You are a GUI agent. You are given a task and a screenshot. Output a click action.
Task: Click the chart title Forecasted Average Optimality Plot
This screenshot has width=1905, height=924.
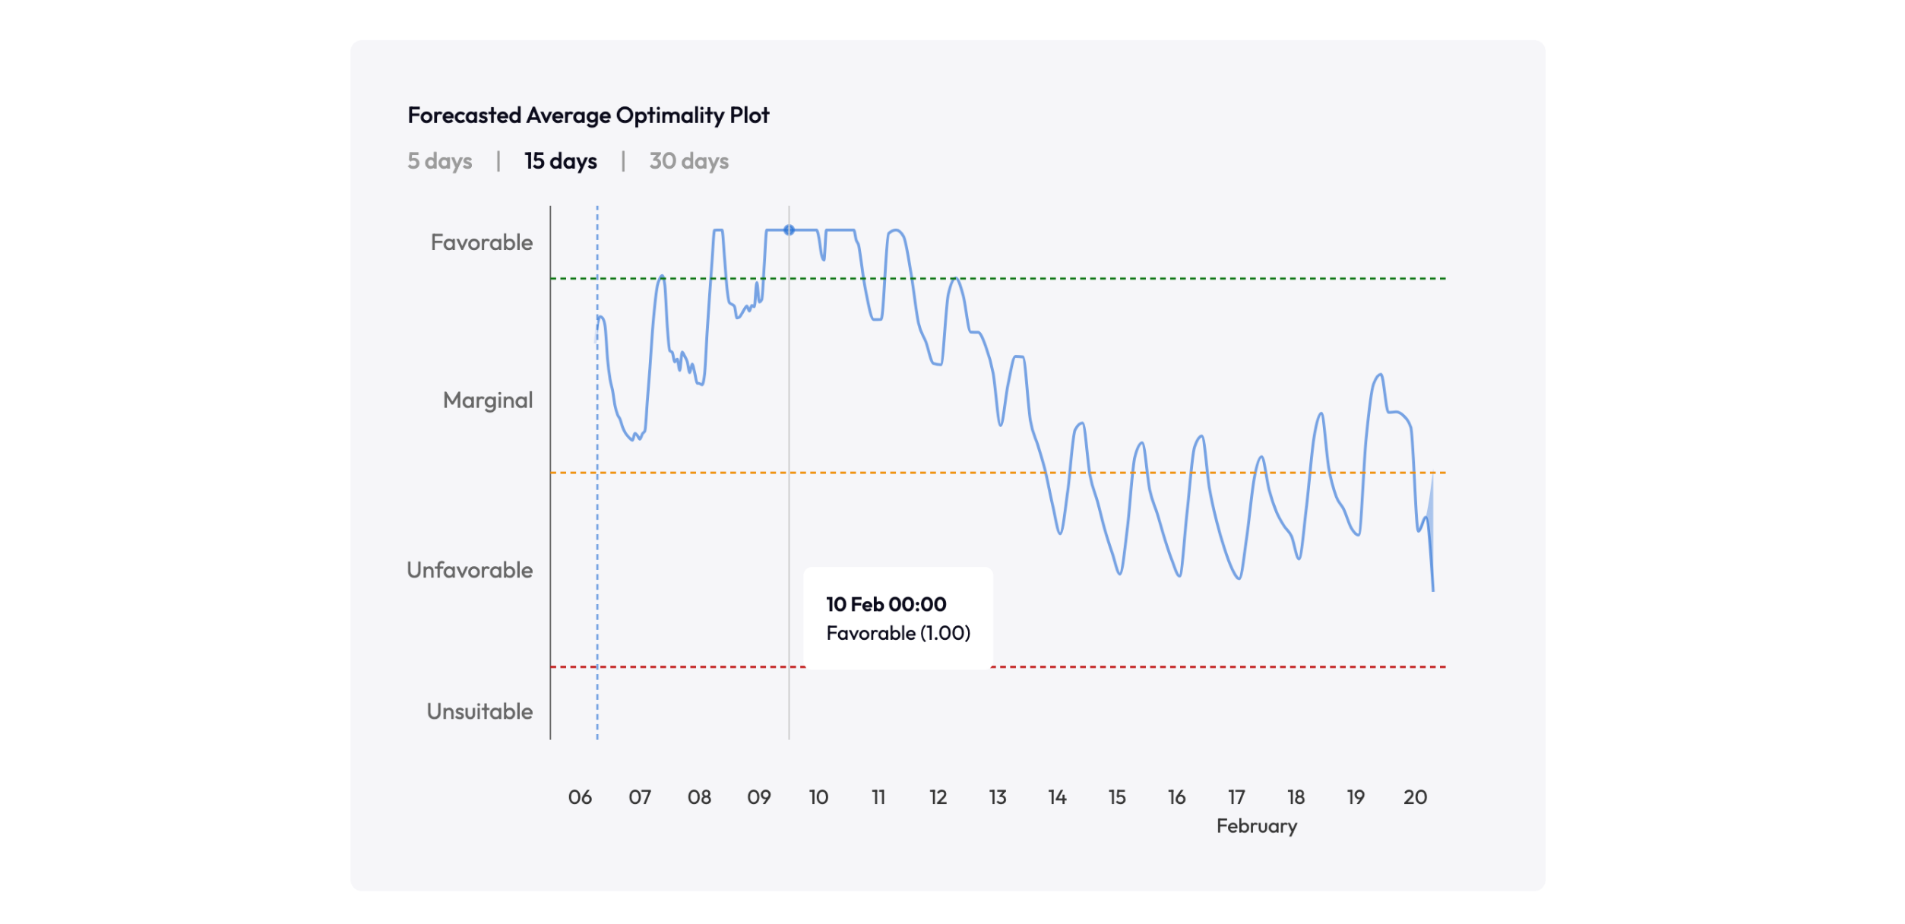pyautogui.click(x=588, y=115)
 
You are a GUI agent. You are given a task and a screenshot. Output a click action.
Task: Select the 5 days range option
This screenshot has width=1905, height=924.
pyautogui.click(x=439, y=161)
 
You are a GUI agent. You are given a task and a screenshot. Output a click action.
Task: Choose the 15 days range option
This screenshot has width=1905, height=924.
pyautogui.click(x=561, y=161)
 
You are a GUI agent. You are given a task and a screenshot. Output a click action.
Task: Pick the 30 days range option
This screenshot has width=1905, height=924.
pyautogui.click(x=688, y=161)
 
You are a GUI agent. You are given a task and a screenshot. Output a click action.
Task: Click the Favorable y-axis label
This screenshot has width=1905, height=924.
pyautogui.click(x=482, y=242)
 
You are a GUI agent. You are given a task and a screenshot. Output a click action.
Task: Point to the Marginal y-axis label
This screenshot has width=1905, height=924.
pyautogui.click(x=488, y=400)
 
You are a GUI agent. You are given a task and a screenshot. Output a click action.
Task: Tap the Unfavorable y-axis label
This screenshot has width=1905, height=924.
pyautogui.click(x=470, y=570)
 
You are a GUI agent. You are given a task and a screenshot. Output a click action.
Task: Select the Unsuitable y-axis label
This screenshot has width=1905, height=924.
pyautogui.click(x=479, y=711)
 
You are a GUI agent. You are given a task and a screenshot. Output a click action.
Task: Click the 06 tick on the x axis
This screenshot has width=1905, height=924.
pyautogui.click(x=580, y=797)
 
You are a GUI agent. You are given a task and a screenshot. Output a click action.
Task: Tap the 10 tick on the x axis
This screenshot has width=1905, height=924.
pyautogui.click(x=818, y=797)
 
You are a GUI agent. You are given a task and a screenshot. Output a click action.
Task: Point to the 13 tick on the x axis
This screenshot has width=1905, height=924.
pyautogui.click(x=997, y=797)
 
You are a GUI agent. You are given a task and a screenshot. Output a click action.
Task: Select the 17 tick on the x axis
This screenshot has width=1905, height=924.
pyautogui.click(x=1236, y=797)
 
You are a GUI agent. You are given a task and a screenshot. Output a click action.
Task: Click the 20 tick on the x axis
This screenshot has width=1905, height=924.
pyautogui.click(x=1415, y=797)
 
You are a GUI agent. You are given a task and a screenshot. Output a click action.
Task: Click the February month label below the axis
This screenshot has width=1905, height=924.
pyautogui.click(x=1256, y=826)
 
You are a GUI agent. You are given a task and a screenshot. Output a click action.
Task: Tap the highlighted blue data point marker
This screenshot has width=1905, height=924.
pyautogui.click(x=789, y=229)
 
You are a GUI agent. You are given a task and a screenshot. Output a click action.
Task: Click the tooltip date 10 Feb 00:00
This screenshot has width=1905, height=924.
pyautogui.click(x=886, y=604)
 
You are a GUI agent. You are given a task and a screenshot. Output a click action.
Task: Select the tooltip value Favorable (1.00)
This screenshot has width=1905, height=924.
pyautogui.click(x=898, y=633)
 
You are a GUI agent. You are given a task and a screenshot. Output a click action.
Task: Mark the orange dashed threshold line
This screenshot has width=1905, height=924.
pyautogui.click(x=836, y=473)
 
